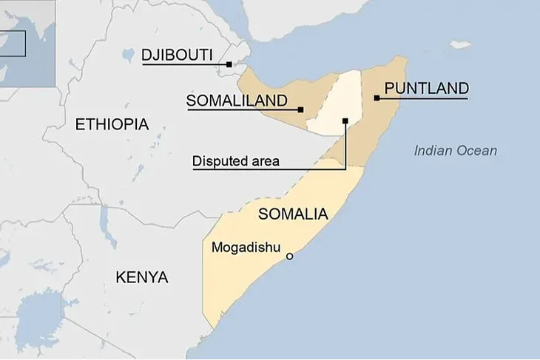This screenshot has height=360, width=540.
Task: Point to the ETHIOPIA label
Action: [x=112, y=124]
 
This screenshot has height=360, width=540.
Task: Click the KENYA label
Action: [x=141, y=277]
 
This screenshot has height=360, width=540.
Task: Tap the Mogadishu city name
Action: [x=245, y=247]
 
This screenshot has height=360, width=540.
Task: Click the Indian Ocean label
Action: [x=455, y=151]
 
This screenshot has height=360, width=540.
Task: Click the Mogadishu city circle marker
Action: [x=289, y=257]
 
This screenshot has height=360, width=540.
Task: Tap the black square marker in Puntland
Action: [x=377, y=98]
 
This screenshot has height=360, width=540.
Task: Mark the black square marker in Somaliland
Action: [x=301, y=110]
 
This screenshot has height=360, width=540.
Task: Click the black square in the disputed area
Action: [x=345, y=120]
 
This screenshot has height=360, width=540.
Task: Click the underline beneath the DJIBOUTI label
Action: [x=185, y=65]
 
